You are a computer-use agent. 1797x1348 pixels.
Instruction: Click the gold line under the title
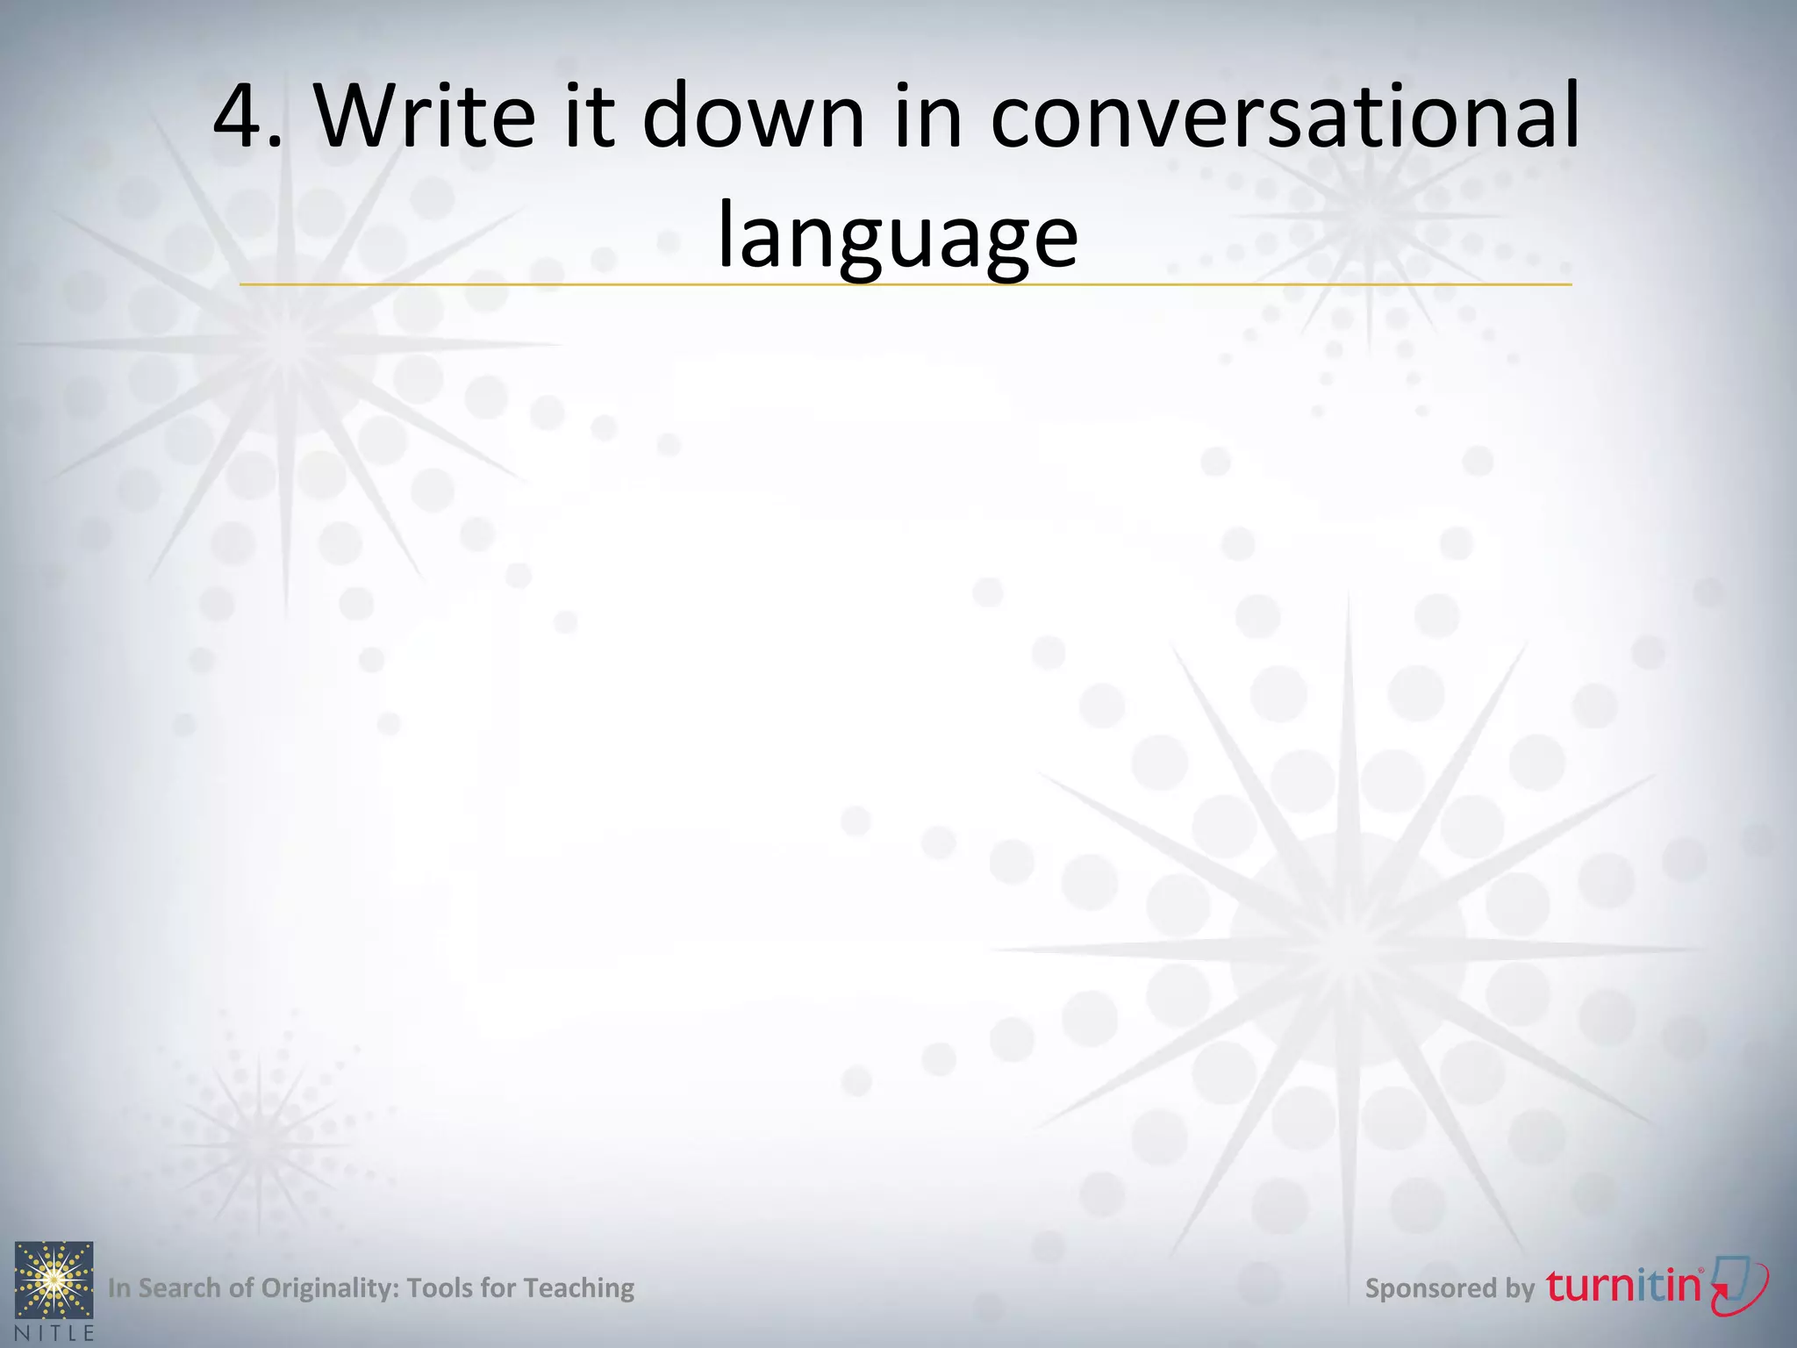pos(904,284)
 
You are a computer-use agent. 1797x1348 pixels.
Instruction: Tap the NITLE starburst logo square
pos(54,1280)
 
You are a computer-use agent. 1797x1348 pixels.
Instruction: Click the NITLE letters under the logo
pos(54,1332)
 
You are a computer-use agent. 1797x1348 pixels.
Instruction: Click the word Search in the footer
pos(179,1287)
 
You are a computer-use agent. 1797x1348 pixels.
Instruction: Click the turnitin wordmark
pos(1624,1286)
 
